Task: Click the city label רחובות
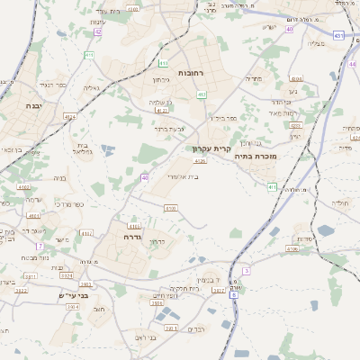pyautogui.click(x=192, y=72)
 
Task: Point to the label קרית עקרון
pyautogui.click(x=211, y=148)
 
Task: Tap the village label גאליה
pyautogui.click(x=91, y=88)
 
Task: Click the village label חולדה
pyautogui.click(x=339, y=203)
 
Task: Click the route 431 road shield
pyautogui.click(x=337, y=35)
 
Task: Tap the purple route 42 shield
pyautogui.click(x=97, y=31)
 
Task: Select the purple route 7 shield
pyautogui.click(x=40, y=246)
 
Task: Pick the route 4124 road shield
pyautogui.click(x=70, y=116)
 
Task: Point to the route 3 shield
pyautogui.click(x=246, y=270)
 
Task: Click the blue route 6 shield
pyautogui.click(x=233, y=294)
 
